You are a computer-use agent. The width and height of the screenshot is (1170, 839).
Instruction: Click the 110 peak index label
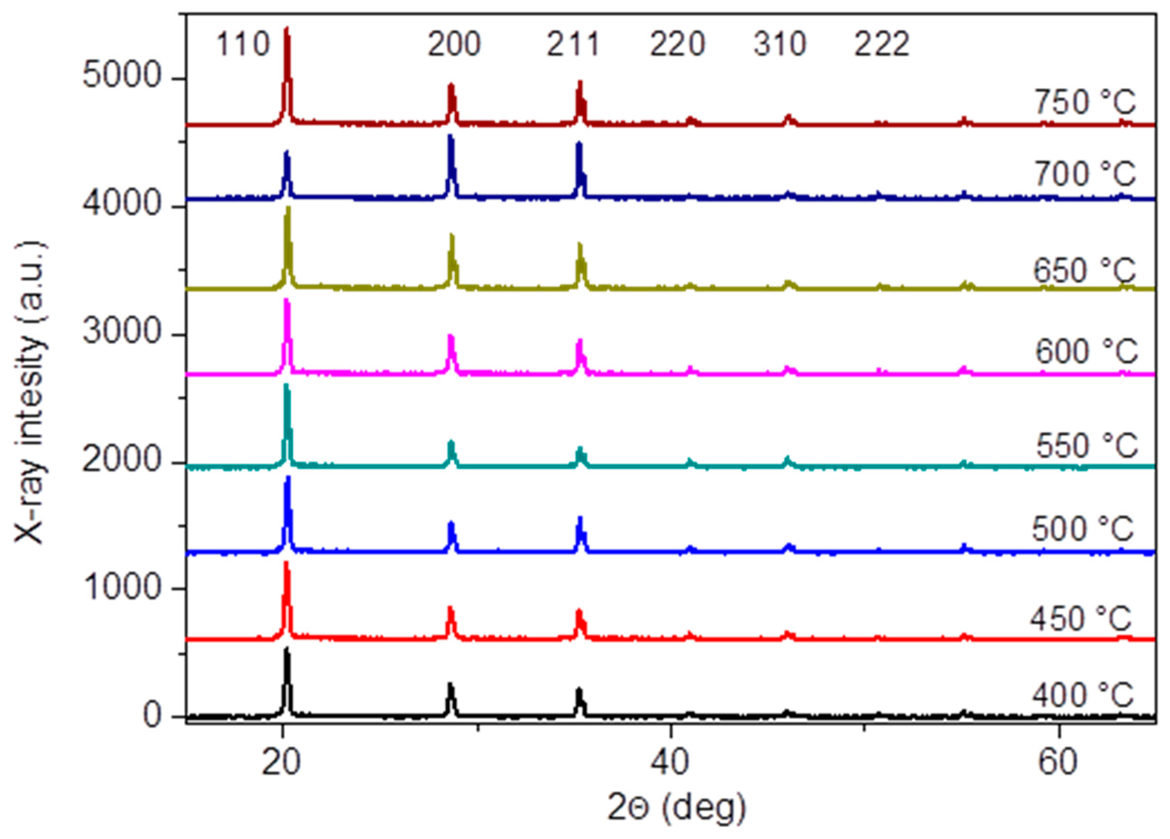[x=242, y=44]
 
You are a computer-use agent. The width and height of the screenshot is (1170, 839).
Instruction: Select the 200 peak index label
[x=454, y=44]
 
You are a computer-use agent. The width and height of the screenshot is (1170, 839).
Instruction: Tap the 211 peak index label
[x=573, y=44]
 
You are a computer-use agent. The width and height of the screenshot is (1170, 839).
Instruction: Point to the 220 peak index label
[x=677, y=44]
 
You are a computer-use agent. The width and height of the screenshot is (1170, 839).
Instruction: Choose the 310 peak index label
[x=780, y=44]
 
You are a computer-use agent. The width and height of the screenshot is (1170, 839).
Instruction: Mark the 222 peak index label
[x=882, y=44]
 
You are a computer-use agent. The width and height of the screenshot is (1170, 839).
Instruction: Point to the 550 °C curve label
[x=1086, y=445]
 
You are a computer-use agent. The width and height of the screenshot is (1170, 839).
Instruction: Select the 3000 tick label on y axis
[x=122, y=332]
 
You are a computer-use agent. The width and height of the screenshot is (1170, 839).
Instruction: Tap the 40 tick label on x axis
[x=670, y=763]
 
